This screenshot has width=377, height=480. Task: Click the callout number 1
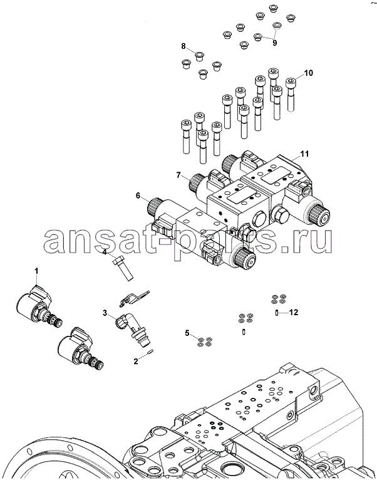tap(36, 270)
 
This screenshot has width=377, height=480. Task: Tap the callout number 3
tap(105, 312)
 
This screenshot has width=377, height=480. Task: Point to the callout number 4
tap(105, 253)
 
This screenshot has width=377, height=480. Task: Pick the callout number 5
tap(186, 332)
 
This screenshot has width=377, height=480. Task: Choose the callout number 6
tap(137, 196)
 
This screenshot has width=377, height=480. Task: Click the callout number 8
tap(183, 46)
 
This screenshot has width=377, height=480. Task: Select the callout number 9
tap(274, 42)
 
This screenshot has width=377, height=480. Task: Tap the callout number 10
tap(308, 73)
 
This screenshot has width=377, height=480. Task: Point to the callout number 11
tap(304, 154)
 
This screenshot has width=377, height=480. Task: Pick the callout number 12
tap(292, 312)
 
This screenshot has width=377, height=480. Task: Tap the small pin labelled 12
tap(277, 312)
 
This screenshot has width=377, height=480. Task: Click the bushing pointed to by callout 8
tap(198, 55)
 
